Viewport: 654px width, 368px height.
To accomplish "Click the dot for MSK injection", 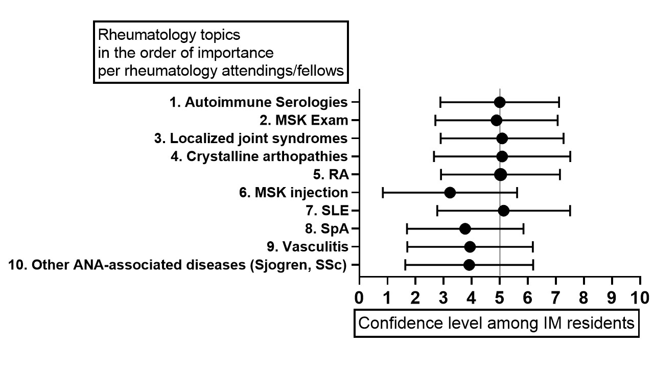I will click(450, 193).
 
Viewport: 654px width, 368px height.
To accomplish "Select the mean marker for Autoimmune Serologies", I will click(500, 102).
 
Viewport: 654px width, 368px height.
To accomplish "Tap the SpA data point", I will click(465, 228).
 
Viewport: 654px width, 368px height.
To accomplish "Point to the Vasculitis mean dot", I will click(470, 247).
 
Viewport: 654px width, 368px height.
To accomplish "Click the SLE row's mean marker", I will click(503, 211).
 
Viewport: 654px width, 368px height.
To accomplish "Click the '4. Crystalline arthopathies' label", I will click(259, 156).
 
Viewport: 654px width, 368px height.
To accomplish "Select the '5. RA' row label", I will click(331, 174).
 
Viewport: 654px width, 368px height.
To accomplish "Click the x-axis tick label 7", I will click(555, 297).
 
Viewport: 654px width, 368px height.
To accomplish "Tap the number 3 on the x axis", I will click(443, 297).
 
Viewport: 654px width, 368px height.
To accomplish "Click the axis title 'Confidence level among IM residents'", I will click(496, 323).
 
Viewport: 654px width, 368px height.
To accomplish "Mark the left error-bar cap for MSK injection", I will click(383, 193).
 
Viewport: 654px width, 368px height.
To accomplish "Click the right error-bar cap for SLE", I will click(570, 211).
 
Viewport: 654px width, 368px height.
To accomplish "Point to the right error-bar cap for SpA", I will click(523, 228).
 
